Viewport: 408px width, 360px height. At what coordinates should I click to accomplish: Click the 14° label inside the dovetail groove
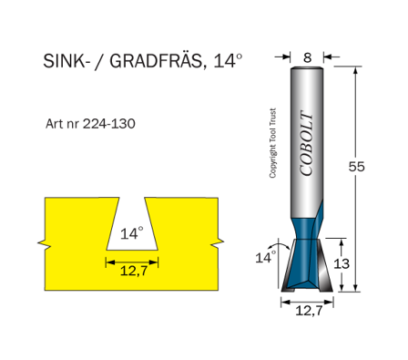132,233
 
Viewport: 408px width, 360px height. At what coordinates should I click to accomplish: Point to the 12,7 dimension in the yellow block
132,272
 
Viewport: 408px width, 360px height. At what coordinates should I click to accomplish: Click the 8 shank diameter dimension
307,57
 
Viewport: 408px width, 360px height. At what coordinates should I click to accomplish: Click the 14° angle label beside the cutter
264,258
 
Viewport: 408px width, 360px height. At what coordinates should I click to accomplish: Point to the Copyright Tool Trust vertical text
272,146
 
